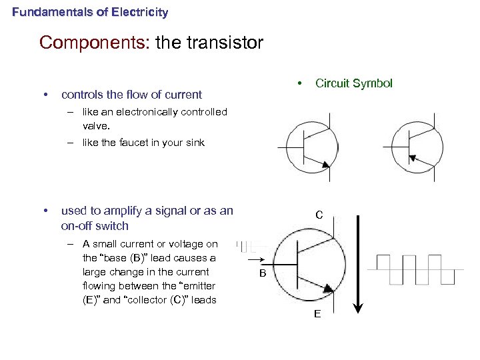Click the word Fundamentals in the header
45,12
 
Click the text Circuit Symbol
353,83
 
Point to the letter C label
319,215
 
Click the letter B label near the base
263,274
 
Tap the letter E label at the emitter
317,314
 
